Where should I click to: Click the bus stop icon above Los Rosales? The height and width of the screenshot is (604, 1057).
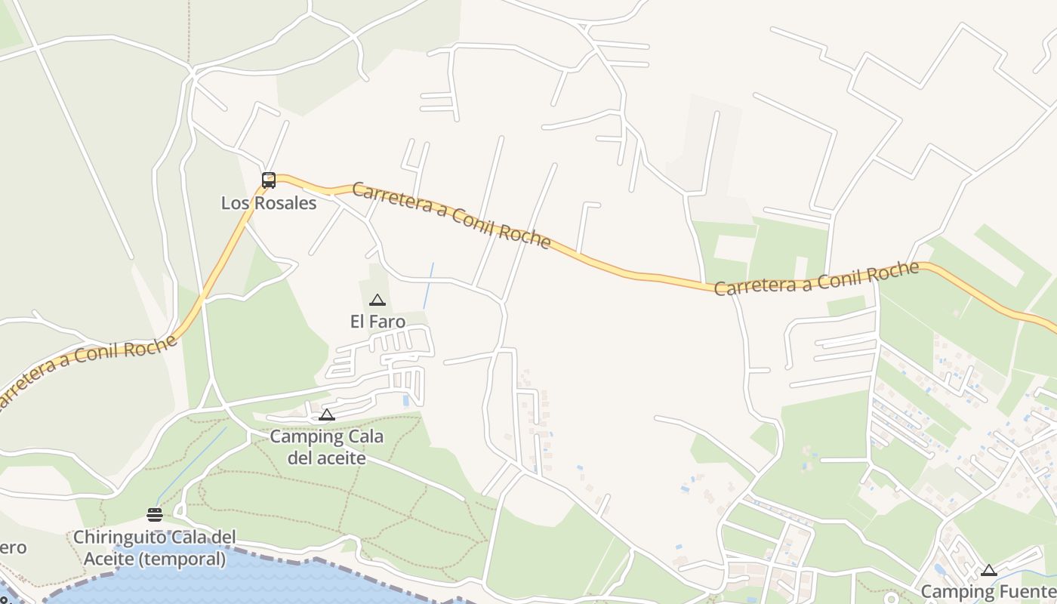click(x=268, y=180)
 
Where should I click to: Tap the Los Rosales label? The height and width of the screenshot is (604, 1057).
click(x=269, y=203)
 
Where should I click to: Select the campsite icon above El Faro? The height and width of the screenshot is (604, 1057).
click(x=377, y=300)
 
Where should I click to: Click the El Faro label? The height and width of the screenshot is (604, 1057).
click(x=377, y=322)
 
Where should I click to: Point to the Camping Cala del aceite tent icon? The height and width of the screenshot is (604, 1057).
click(x=326, y=415)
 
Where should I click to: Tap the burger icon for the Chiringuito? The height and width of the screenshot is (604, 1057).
click(x=155, y=515)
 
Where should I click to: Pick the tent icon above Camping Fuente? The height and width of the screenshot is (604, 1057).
click(x=988, y=570)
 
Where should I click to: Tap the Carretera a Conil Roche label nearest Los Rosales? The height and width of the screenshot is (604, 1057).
click(x=450, y=214)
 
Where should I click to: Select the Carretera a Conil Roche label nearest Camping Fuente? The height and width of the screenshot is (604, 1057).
click(x=816, y=279)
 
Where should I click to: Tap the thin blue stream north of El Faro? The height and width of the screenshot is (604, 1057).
click(x=428, y=285)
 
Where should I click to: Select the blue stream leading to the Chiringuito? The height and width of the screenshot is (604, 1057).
click(x=193, y=464)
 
